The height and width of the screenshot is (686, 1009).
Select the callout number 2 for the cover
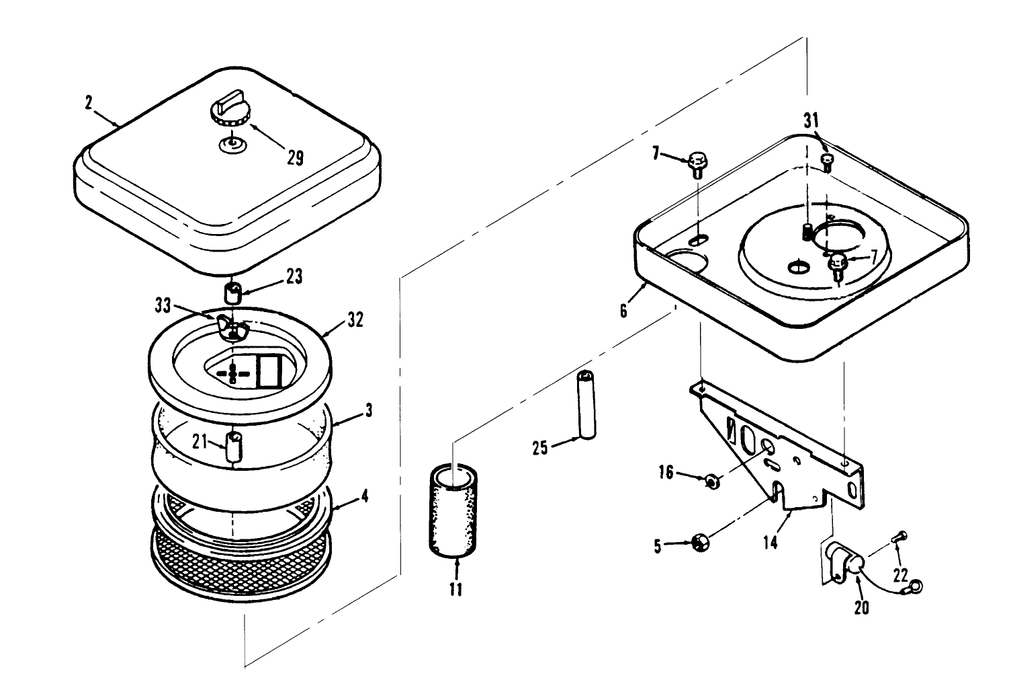88,103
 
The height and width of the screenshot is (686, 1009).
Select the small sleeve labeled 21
232,447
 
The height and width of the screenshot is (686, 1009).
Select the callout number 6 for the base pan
624,311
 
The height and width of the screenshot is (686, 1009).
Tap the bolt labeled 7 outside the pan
697,165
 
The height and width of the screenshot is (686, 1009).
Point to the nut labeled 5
699,542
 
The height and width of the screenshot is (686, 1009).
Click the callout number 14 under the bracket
771,542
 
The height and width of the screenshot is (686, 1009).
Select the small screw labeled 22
900,536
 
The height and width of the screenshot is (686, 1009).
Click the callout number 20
861,607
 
